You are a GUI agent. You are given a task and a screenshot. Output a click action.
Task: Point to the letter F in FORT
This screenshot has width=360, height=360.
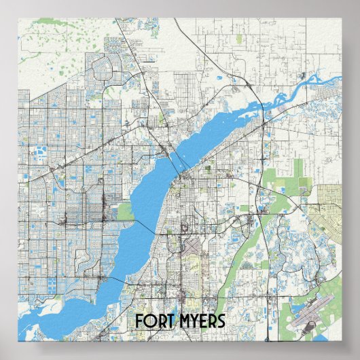[x=139, y=321]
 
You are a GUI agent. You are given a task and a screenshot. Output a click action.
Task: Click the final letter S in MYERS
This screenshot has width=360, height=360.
[x=223, y=321]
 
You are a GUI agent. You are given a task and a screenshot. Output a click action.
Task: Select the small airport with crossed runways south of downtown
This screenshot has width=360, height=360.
[x=192, y=245]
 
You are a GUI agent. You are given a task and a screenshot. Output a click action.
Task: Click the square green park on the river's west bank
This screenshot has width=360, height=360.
[x=126, y=211]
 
